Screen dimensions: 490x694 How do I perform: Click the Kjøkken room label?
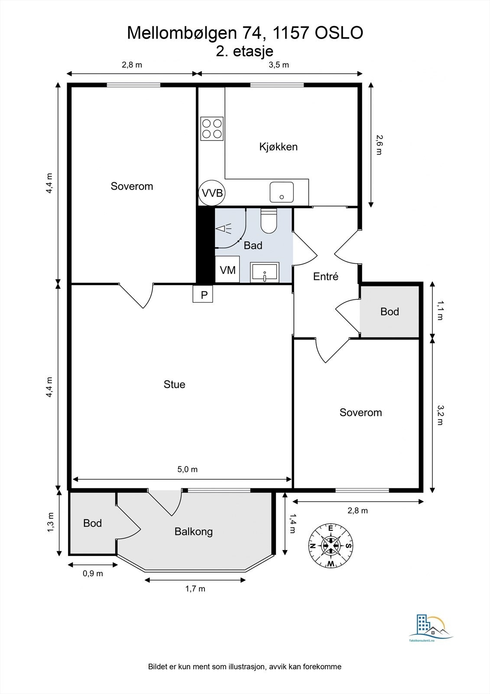coord(278,147)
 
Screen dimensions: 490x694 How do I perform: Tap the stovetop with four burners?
coord(212,128)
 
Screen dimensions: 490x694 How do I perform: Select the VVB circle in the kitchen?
coord(212,193)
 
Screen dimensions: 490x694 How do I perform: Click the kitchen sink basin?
coord(282,192)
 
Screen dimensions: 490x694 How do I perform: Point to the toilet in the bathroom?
coord(268,221)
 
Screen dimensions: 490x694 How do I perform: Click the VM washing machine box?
coord(227,269)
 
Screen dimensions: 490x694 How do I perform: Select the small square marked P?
coord(203,294)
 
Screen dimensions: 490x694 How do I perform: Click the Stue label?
coord(174,384)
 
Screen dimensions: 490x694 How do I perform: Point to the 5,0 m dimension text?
coord(187,469)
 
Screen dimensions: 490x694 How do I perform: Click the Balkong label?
coord(194,532)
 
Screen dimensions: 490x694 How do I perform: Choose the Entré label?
coord(326,276)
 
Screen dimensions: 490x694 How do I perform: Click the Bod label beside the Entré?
coord(389,311)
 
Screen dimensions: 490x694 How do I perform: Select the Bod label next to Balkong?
coord(92,523)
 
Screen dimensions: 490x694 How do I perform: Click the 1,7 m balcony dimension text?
coord(195,589)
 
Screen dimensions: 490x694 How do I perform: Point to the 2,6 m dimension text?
coord(379,145)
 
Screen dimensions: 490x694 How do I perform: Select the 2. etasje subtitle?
coord(244,51)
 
